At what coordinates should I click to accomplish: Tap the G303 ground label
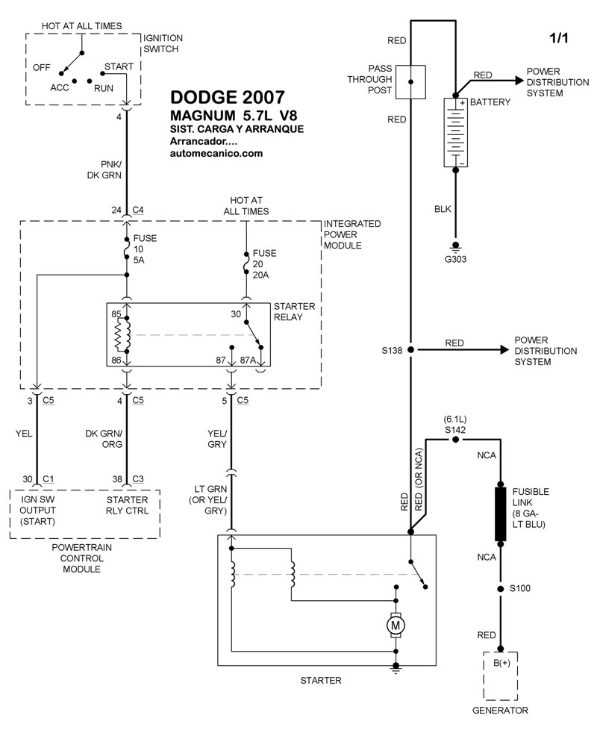point(455,260)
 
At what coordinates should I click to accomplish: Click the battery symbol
point(455,133)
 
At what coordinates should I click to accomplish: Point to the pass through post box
point(410,81)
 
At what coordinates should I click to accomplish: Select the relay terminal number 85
point(116,314)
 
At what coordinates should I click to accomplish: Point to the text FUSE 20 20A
point(264,264)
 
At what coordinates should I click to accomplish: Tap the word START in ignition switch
point(118,66)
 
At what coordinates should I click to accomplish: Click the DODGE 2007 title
point(227,98)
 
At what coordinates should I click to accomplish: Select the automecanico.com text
point(216,153)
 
